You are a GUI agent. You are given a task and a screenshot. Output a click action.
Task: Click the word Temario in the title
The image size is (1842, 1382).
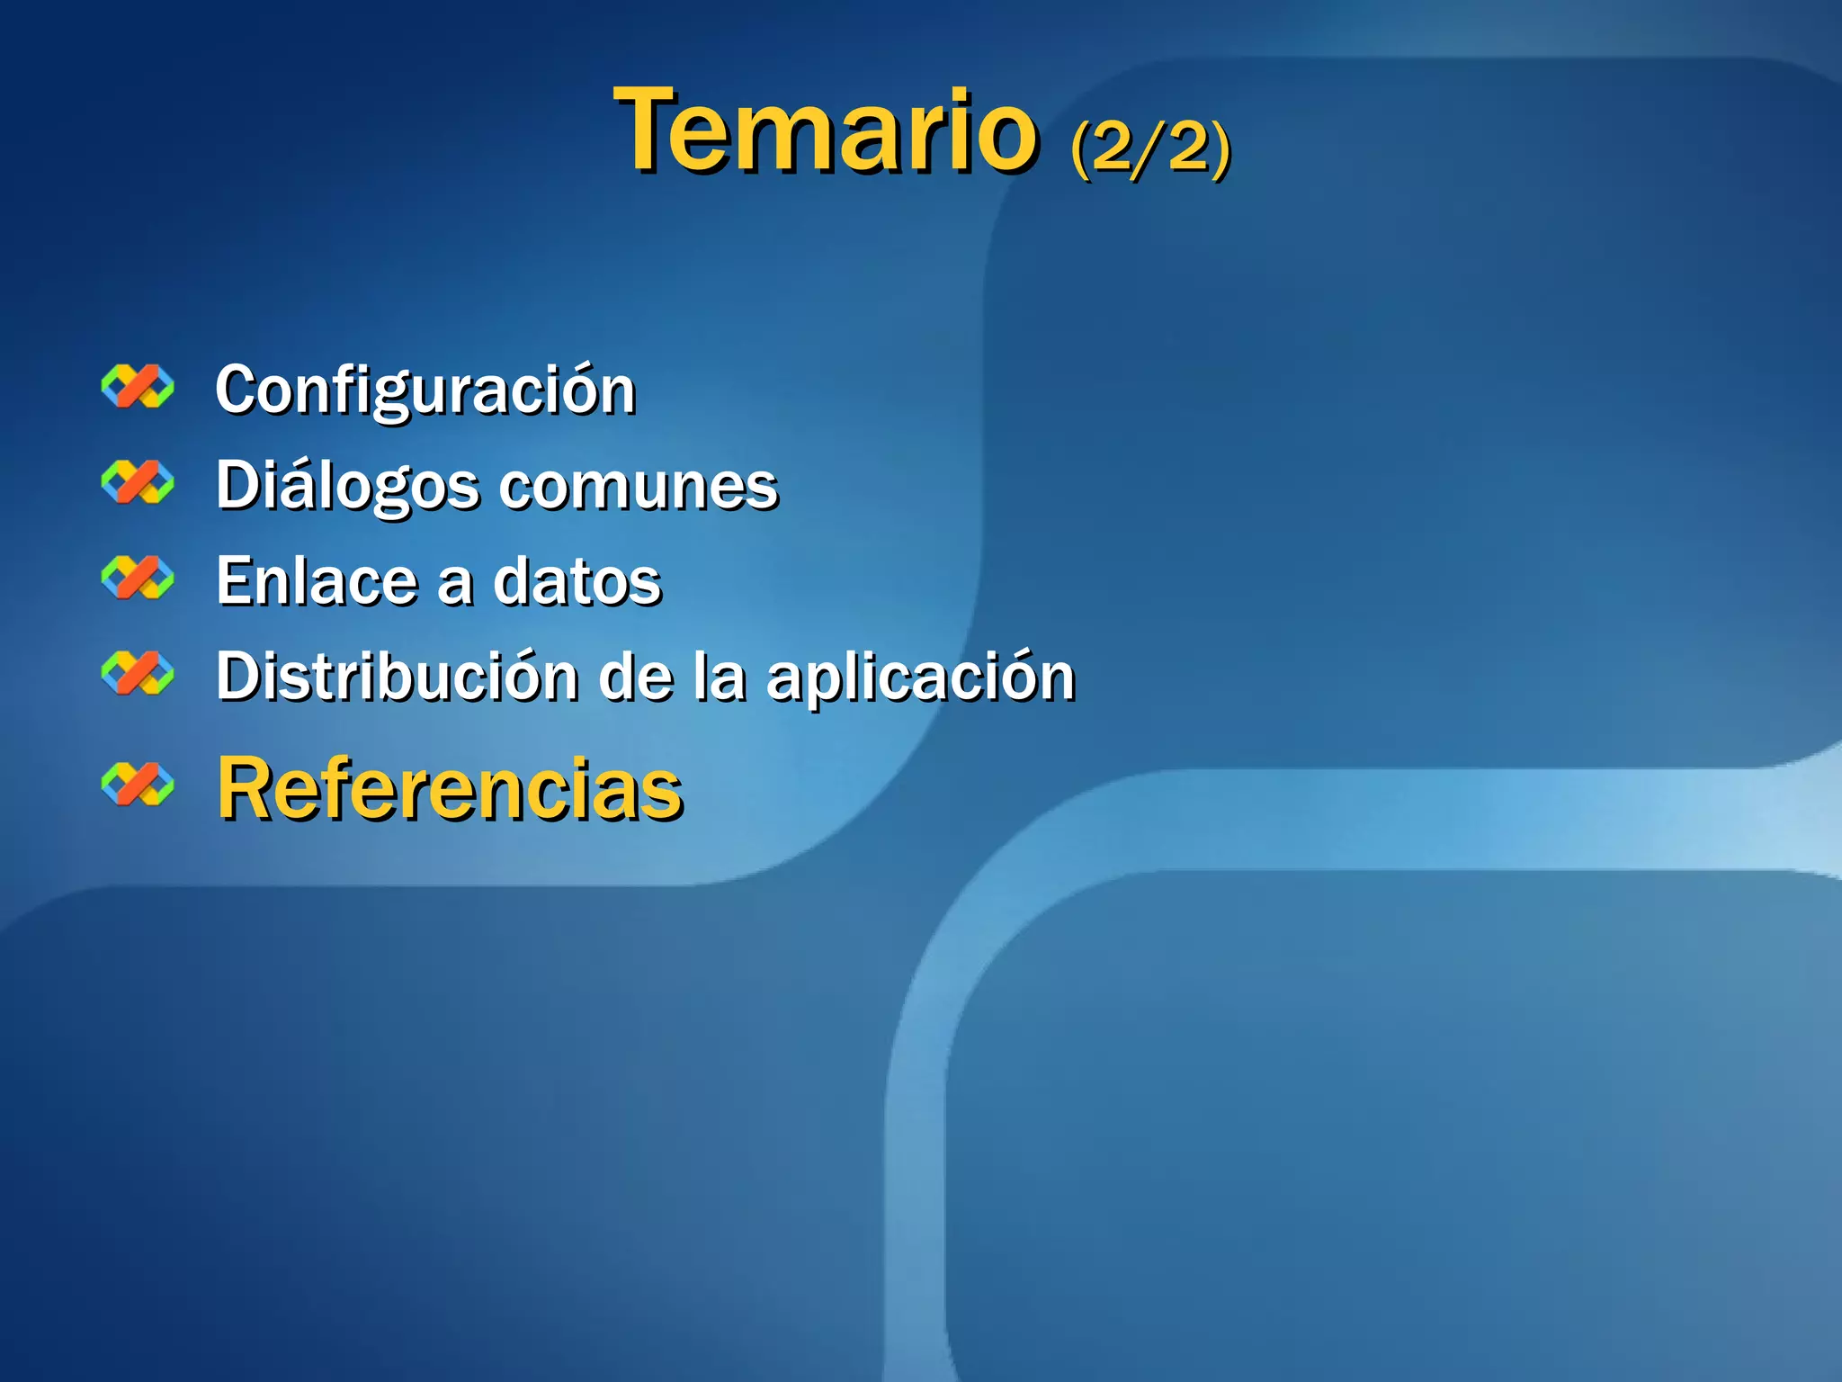(826, 131)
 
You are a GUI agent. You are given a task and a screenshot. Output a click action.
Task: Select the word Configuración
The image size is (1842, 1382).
(425, 390)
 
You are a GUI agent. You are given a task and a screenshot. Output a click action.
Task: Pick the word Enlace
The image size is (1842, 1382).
(316, 581)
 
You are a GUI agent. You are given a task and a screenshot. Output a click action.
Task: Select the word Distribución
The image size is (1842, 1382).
(397, 677)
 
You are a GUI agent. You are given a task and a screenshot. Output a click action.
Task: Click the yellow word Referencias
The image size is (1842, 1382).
(450, 789)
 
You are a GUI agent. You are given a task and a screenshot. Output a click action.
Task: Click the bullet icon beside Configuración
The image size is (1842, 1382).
(138, 387)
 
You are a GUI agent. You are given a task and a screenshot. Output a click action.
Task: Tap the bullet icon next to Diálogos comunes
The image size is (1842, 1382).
(138, 482)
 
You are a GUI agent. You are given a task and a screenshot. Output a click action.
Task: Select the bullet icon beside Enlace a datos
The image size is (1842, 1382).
(138, 578)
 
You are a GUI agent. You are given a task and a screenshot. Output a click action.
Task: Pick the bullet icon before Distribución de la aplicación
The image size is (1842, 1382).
(138, 673)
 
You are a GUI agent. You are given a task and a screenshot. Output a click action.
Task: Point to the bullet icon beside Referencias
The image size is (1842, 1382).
(138, 784)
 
